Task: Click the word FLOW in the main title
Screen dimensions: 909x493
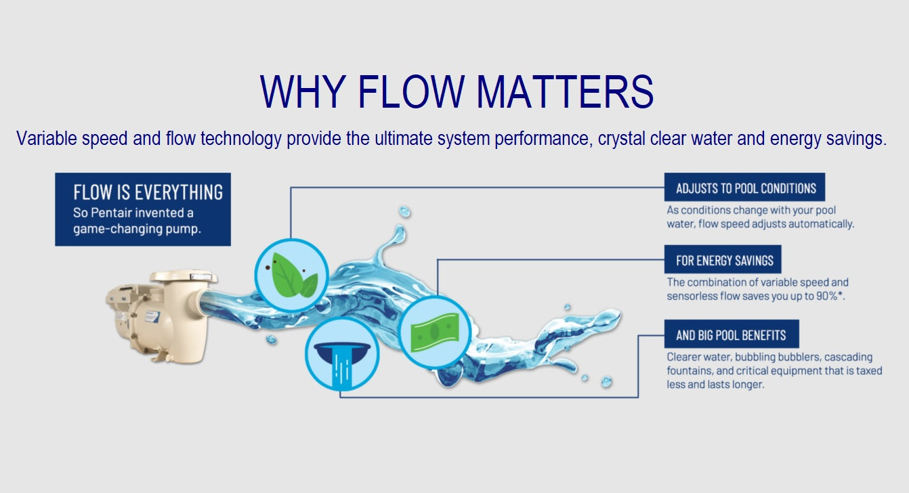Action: (x=411, y=91)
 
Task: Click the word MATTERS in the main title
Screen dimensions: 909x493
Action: (x=565, y=91)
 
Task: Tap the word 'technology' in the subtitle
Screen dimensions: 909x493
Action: (x=241, y=140)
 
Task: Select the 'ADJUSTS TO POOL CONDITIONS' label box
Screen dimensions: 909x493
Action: (x=744, y=187)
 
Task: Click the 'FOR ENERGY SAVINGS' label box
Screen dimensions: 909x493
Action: (x=723, y=259)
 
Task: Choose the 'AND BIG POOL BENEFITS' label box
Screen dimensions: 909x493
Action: (x=732, y=334)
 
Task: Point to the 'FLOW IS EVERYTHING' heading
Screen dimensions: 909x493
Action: (x=148, y=192)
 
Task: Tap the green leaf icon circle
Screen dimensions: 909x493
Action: (x=292, y=276)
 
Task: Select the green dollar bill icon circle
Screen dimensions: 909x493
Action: (x=435, y=333)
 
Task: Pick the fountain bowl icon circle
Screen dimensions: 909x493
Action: (x=343, y=354)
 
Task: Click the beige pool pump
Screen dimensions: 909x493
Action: (x=161, y=316)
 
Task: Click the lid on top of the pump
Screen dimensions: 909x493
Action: (x=184, y=276)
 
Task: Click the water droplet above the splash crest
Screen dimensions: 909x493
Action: (x=405, y=211)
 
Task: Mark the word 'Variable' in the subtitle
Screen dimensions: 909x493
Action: (x=47, y=138)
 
